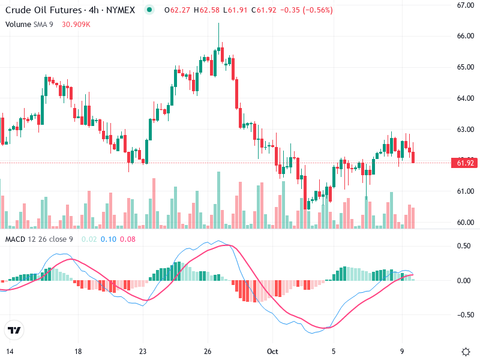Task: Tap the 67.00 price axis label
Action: click(466, 5)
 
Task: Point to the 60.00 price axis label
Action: click(466, 222)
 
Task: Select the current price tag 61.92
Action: click(466, 163)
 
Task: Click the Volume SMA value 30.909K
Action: click(76, 24)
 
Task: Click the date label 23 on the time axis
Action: click(142, 351)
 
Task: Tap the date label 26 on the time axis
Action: click(208, 351)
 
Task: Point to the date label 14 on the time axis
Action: click(10, 351)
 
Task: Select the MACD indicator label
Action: click(15, 239)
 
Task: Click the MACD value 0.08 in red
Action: click(128, 239)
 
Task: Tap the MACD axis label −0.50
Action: click(464, 314)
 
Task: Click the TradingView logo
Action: click(14, 331)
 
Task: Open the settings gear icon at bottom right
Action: click(466, 351)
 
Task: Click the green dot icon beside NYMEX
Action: click(149, 10)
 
